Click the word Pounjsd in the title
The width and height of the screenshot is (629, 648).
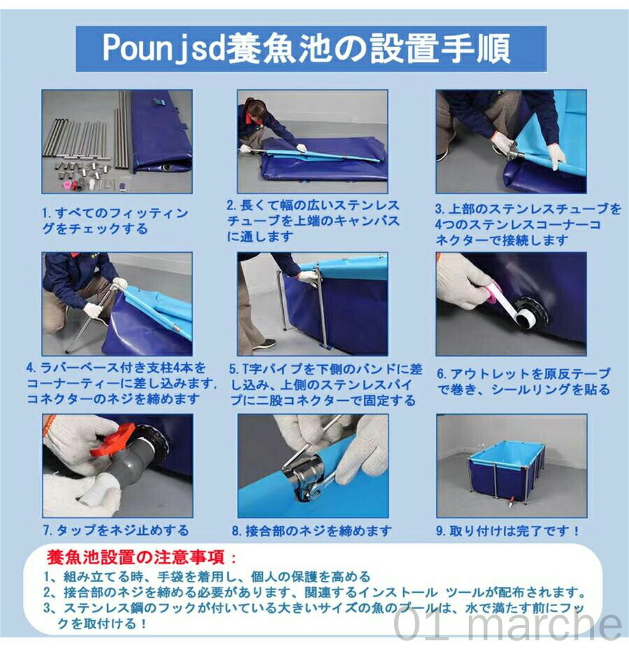[164, 49]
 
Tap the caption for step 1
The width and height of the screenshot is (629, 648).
[115, 221]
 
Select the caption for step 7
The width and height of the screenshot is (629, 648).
[116, 530]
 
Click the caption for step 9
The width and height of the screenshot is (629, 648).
[508, 531]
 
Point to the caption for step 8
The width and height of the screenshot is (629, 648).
[312, 531]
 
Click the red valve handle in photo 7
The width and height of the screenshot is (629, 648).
[114, 443]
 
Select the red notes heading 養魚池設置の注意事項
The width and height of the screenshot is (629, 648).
[140, 557]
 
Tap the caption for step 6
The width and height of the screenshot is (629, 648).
[523, 382]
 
